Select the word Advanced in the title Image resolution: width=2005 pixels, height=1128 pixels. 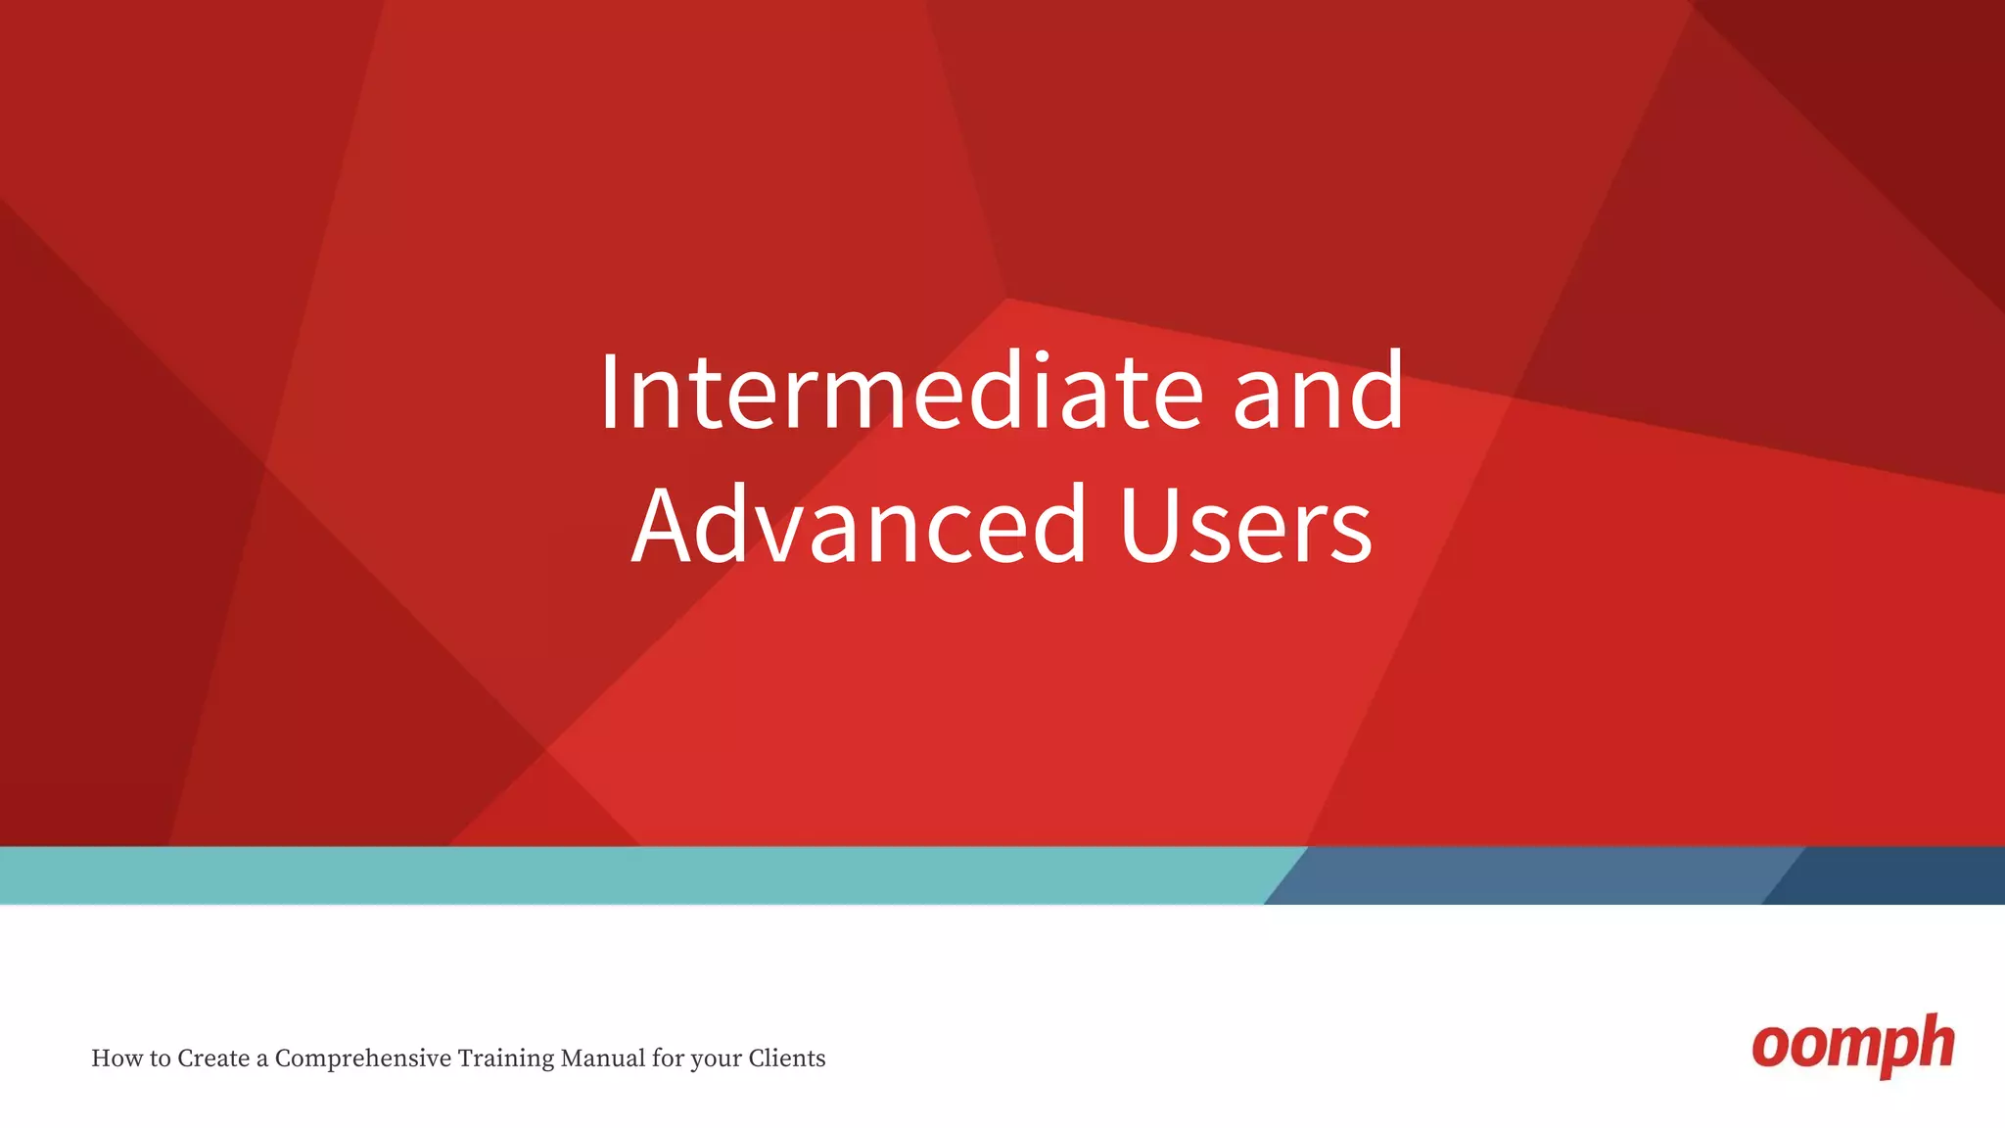click(860, 526)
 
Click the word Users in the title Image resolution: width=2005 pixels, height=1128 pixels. click(1245, 526)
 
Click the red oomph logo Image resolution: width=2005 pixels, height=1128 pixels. click(1852, 1046)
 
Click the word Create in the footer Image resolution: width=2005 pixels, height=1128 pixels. click(212, 1058)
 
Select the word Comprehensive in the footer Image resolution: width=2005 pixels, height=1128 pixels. click(363, 1058)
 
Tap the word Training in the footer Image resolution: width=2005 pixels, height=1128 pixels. click(505, 1058)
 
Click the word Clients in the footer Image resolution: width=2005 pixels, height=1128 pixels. click(787, 1058)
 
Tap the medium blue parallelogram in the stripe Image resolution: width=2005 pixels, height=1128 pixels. click(1527, 875)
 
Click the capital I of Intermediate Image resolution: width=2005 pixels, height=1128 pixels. click(609, 392)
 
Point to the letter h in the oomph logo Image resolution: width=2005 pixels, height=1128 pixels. click(1935, 1043)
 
